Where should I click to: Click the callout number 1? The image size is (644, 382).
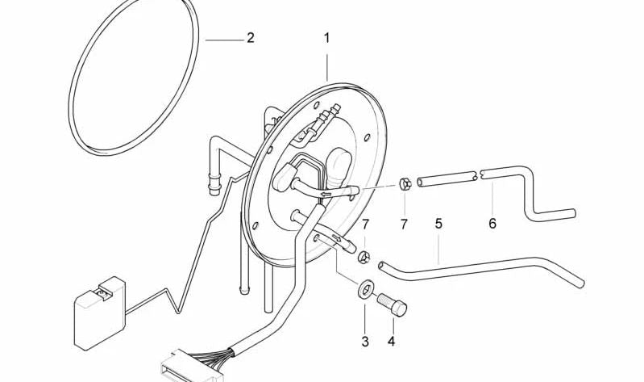(327, 38)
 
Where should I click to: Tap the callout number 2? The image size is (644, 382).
(251, 38)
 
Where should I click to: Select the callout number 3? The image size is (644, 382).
(365, 342)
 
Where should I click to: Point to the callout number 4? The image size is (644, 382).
(392, 342)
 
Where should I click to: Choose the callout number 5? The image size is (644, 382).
(438, 224)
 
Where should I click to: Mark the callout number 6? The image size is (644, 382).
(492, 224)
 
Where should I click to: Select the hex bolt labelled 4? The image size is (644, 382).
(393, 304)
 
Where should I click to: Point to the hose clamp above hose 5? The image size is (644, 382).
(364, 258)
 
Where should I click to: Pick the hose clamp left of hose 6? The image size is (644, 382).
(405, 184)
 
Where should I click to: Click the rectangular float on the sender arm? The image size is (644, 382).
(99, 313)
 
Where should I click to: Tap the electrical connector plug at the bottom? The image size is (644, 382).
(192, 367)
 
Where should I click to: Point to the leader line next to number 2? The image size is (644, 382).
(224, 40)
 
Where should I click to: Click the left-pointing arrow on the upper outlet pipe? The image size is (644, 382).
(326, 195)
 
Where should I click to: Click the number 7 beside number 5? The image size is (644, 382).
(365, 225)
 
